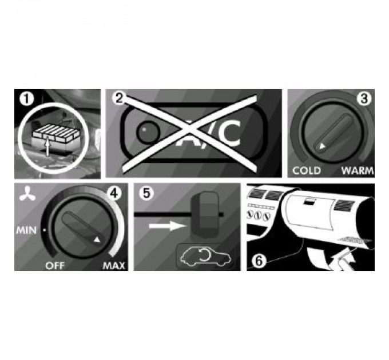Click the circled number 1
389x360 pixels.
pyautogui.click(x=26, y=99)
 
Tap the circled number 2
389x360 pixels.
pyautogui.click(x=119, y=98)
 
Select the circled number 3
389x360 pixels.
pyautogui.click(x=364, y=98)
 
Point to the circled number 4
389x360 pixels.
pyautogui.click(x=114, y=194)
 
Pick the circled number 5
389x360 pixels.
pyautogui.click(x=146, y=193)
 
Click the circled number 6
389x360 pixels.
pyautogui.click(x=259, y=261)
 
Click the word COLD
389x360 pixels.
pyautogui.click(x=307, y=171)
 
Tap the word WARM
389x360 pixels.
pyautogui.click(x=357, y=171)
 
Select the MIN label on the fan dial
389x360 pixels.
pyautogui.click(x=26, y=231)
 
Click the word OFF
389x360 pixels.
pyautogui.click(x=55, y=266)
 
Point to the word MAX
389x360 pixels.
pyautogui.click(x=114, y=266)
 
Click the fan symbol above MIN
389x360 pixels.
pyautogui.click(x=27, y=194)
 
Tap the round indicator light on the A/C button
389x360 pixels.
pyautogui.click(x=148, y=133)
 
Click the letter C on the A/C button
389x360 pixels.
pyautogui.click(x=230, y=133)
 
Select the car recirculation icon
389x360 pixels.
pyautogui.click(x=206, y=257)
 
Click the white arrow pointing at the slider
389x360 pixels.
pyautogui.click(x=168, y=226)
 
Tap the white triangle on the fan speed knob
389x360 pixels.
pyautogui.click(x=97, y=239)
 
